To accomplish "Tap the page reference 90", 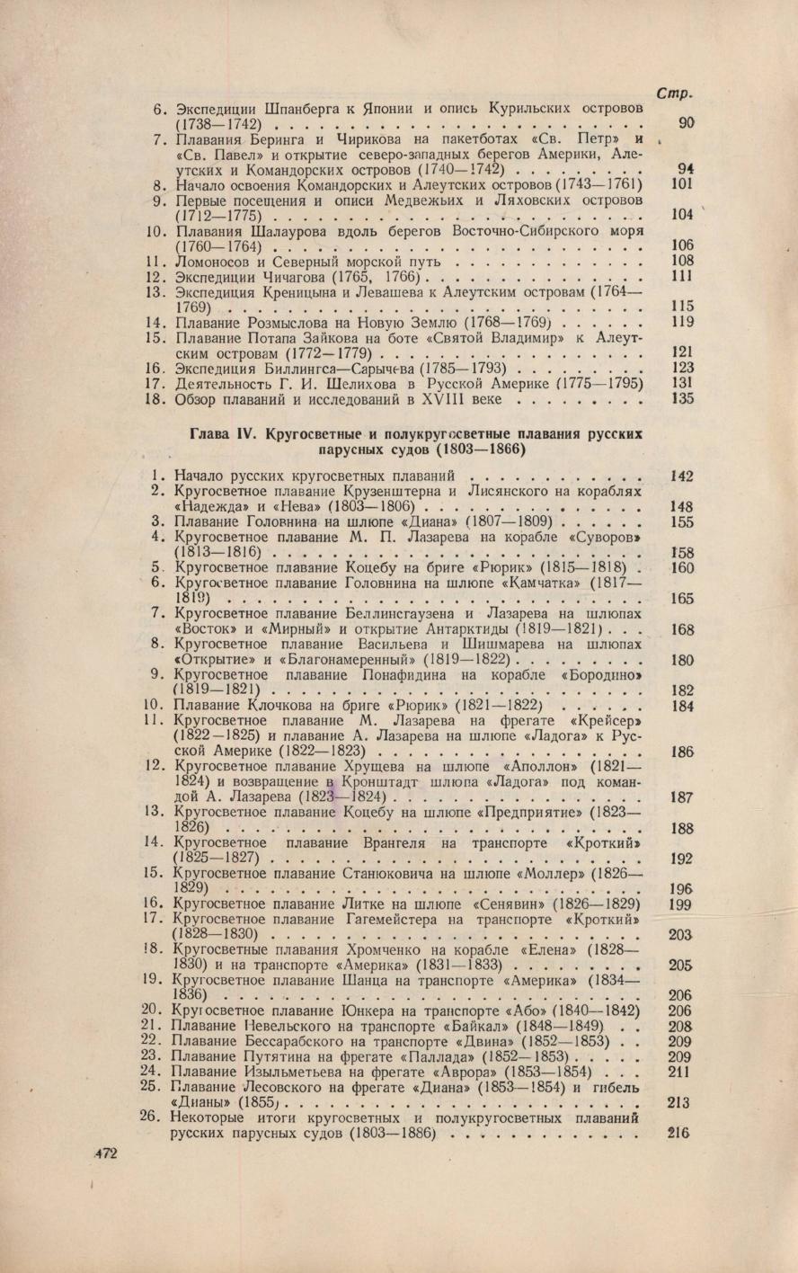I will pyautogui.click(x=685, y=123).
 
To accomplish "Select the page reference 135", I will pyautogui.click(x=683, y=398).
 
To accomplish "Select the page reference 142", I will pyautogui.click(x=683, y=475).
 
